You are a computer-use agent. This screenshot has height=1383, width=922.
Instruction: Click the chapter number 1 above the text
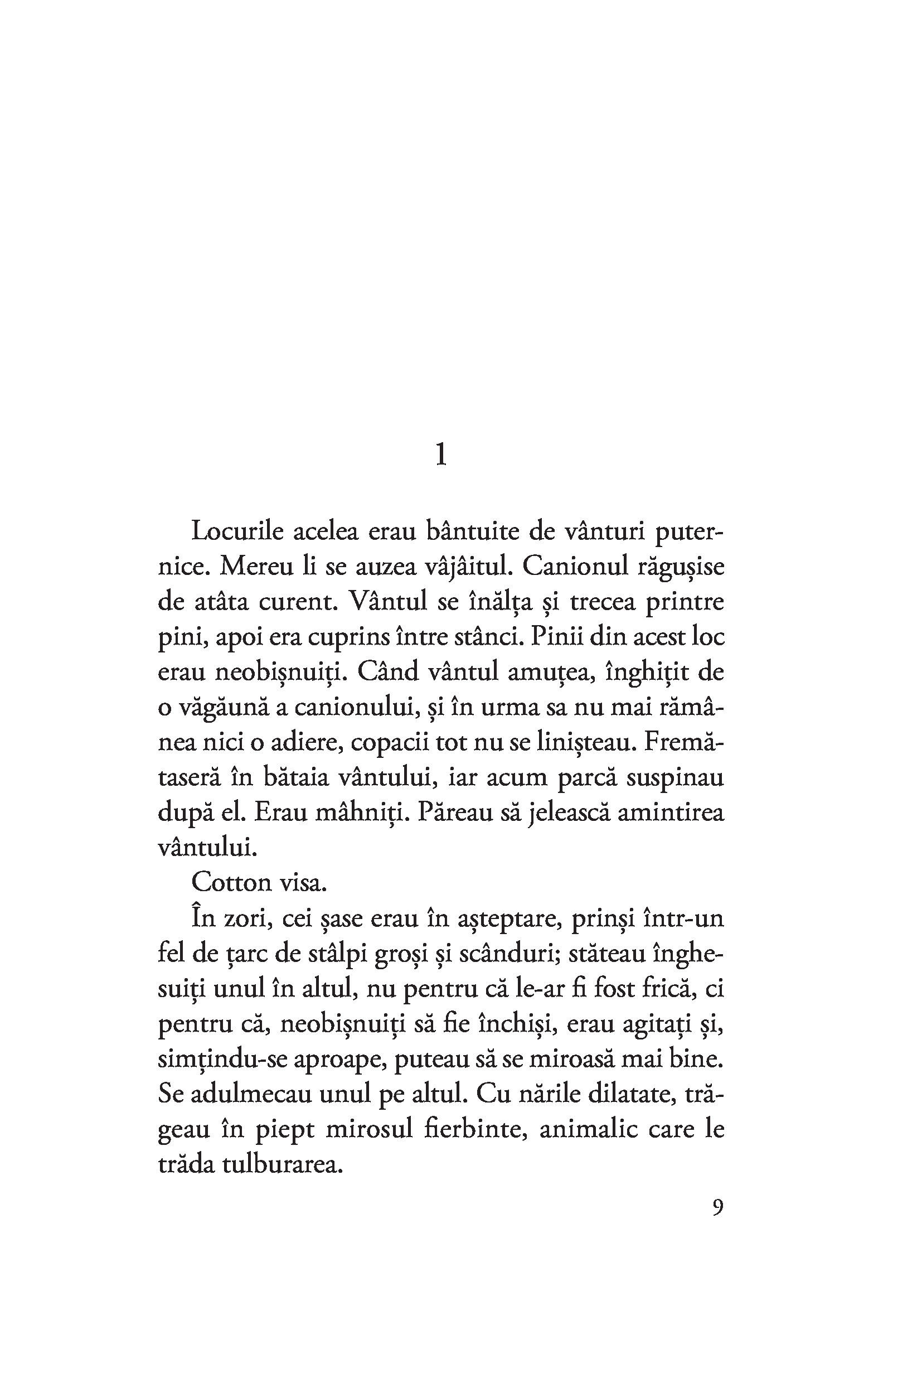[x=441, y=454]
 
